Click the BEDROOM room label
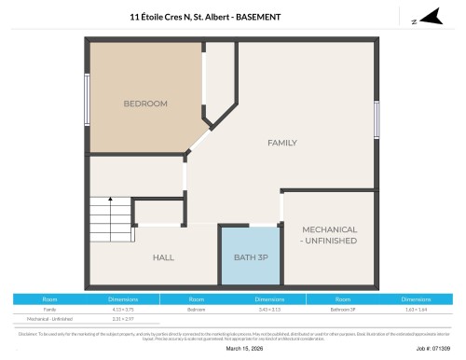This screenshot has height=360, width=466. (145, 104)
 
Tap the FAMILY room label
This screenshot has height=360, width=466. (282, 143)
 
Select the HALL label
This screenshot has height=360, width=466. (163, 257)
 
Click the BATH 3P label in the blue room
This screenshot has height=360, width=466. (251, 257)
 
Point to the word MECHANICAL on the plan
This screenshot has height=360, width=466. (329, 228)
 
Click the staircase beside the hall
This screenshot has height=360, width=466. (110, 223)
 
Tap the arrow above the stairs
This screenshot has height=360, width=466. (110, 199)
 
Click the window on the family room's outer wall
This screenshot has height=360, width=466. (377, 119)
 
